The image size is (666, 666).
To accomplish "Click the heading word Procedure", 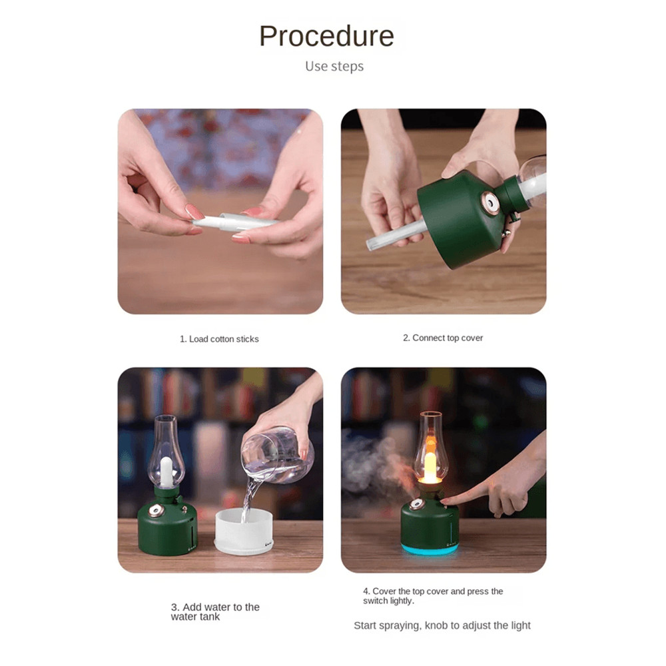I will coord(326,36).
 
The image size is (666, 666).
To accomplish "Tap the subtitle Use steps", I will coord(334,67).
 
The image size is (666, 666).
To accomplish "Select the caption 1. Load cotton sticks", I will coord(219,339).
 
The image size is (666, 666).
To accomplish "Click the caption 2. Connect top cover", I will coord(443,338).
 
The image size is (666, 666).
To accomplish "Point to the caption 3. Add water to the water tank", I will coord(215,611).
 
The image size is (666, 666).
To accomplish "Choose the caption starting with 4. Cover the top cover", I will coord(433,595).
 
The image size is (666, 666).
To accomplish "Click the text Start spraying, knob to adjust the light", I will coord(442,625).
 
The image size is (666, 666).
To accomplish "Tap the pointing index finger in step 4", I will coord(466,496).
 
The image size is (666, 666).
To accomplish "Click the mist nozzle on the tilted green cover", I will coord(491,202).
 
